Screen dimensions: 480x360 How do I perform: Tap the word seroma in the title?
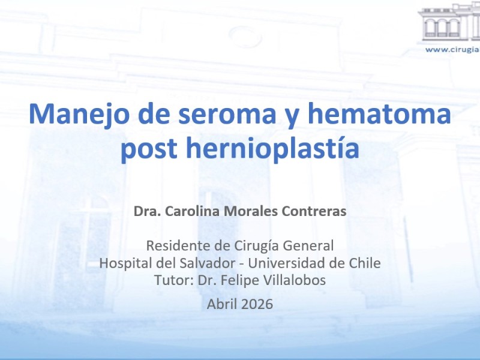(x=227, y=114)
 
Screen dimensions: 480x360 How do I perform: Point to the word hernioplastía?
(x=272, y=148)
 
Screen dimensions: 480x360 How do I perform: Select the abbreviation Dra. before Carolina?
(x=148, y=211)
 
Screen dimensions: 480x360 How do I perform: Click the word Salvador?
(x=207, y=263)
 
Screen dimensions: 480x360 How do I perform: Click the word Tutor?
(x=174, y=280)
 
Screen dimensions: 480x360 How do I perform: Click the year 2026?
(x=257, y=304)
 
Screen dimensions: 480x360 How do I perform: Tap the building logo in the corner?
(x=449, y=22)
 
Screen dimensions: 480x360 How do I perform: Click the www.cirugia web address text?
(x=452, y=50)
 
